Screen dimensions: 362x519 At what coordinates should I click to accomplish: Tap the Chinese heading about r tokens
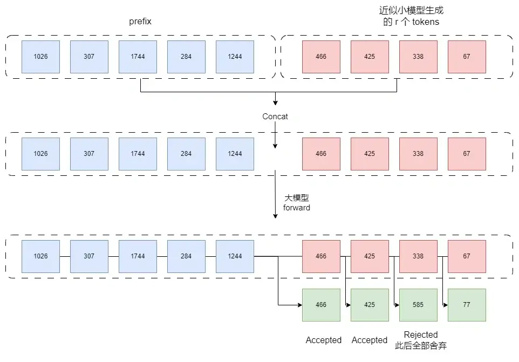tap(412, 16)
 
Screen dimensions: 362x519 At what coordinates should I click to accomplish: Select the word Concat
tap(275, 117)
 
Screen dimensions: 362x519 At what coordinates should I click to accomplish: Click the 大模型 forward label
tap(297, 203)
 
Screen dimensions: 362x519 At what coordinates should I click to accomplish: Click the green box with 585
tap(418, 305)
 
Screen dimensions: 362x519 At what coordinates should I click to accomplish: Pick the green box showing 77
tap(467, 305)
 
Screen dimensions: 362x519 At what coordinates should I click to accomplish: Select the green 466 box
tap(321, 305)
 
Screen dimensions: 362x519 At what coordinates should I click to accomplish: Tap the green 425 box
tap(370, 305)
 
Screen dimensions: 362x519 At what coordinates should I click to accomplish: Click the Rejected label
tap(421, 334)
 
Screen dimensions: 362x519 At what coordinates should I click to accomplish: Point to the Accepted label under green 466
tap(324, 340)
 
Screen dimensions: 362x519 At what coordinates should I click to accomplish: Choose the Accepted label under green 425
tap(370, 340)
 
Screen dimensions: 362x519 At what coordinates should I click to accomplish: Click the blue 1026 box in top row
tap(40, 57)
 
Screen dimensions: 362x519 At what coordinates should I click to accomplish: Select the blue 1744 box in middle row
tap(138, 154)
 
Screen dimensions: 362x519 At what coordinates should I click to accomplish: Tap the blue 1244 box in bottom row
tap(235, 256)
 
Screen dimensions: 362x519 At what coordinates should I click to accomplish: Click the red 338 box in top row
tap(418, 57)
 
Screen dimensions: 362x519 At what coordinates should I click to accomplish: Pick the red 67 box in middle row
tap(467, 154)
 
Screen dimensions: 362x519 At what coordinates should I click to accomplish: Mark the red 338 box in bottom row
tap(418, 256)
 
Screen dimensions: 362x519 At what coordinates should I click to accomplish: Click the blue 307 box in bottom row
tap(89, 256)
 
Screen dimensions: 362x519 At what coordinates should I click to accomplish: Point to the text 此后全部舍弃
tap(421, 346)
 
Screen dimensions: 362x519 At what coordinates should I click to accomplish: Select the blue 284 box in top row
tap(186, 57)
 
